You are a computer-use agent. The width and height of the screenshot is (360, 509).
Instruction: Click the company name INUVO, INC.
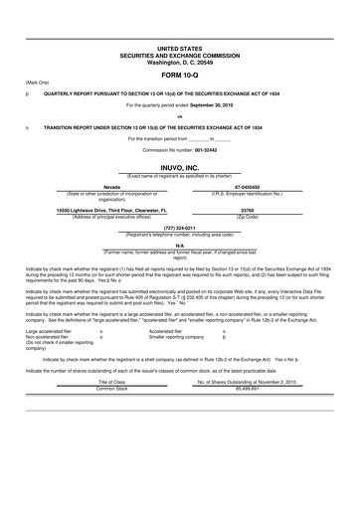[x=179, y=170]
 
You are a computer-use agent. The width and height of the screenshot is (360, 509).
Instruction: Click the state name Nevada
[x=112, y=186]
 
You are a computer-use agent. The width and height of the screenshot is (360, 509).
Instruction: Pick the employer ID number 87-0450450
[x=248, y=186]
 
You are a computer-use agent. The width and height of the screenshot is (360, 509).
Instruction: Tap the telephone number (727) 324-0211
[x=179, y=229]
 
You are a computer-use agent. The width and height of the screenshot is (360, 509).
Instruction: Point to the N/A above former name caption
[x=179, y=246]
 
